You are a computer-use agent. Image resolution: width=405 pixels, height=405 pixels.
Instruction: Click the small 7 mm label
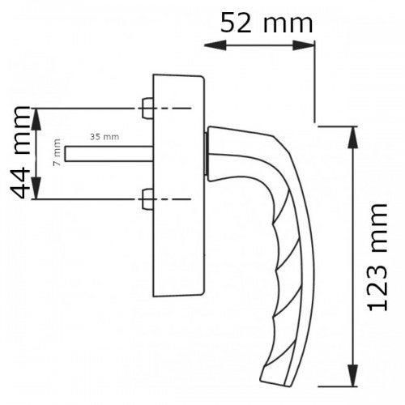[56, 152]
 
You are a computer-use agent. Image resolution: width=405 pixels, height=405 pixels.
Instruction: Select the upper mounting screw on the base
[147, 107]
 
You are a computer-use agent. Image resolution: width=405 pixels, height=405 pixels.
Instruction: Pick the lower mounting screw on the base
[147, 198]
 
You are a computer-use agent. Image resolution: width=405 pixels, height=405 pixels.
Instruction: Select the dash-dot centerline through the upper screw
[174, 107]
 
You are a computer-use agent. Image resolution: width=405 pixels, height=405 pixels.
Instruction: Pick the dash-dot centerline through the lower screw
[174, 198]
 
